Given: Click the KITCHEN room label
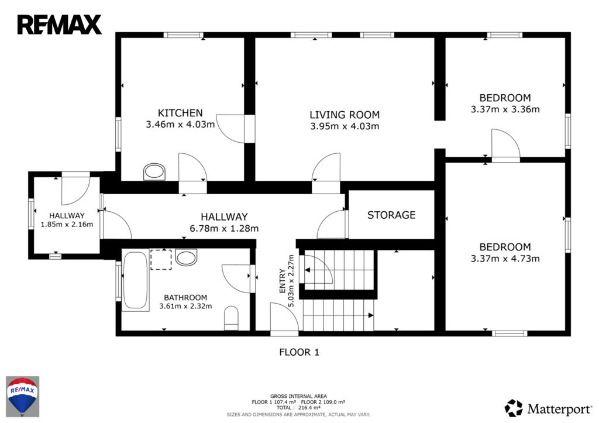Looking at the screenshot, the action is tap(180, 113).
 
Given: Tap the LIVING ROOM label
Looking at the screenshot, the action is tap(345, 115).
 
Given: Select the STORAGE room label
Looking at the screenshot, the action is tap(391, 215).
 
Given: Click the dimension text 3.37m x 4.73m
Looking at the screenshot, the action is tap(505, 259).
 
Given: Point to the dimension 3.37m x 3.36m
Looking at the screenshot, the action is tap(505, 109).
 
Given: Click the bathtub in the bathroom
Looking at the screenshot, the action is tap(135, 280).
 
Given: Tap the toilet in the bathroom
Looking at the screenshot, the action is tap(231, 318).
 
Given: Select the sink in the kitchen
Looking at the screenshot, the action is tap(154, 171).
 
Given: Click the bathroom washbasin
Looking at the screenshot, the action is tap(186, 257).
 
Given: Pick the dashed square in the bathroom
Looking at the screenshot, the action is tap(161, 259).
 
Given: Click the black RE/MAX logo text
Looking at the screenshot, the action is tap(59, 25).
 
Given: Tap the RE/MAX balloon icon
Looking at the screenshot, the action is tap(22, 396).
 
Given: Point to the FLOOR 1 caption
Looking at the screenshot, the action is tap(299, 352).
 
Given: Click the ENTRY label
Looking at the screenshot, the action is tap(283, 281).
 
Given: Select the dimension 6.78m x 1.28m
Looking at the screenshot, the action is tap(224, 229).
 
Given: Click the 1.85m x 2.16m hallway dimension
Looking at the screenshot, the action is tap(67, 224).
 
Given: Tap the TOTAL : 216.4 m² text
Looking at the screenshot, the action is tap(298, 408).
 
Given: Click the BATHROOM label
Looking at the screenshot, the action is tap(185, 298).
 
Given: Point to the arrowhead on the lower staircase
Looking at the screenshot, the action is tap(370, 315).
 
